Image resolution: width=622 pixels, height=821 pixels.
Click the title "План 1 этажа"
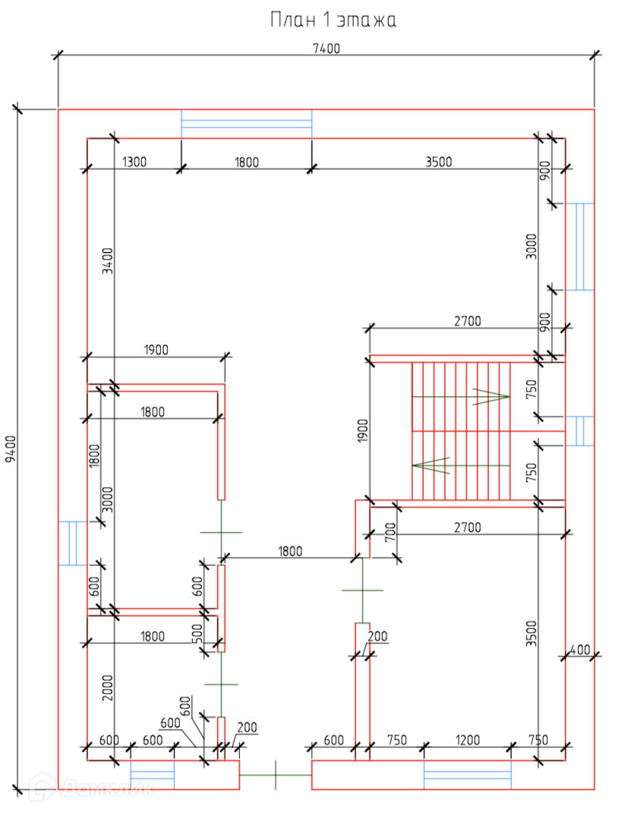point(333,20)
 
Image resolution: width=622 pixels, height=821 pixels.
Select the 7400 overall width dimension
point(326,49)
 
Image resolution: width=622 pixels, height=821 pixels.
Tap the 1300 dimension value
point(134,161)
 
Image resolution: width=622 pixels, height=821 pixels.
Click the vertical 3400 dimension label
point(108,262)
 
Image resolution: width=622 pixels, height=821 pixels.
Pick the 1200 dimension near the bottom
point(467,740)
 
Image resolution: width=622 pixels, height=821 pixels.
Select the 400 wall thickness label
point(579,650)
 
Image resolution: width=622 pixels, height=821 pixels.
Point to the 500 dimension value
point(197,634)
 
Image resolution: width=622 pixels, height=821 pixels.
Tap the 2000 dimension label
point(108,687)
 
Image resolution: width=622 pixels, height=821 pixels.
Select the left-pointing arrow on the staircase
point(431,464)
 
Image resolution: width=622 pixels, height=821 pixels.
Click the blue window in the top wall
point(247,124)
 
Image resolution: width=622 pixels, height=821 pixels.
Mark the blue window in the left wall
point(73,543)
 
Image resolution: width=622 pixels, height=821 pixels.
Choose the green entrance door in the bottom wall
point(276,775)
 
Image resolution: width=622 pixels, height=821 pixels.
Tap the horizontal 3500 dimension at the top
point(438,161)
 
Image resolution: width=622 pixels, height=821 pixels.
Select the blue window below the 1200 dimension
point(467,775)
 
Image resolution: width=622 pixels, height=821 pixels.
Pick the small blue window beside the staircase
point(579,430)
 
